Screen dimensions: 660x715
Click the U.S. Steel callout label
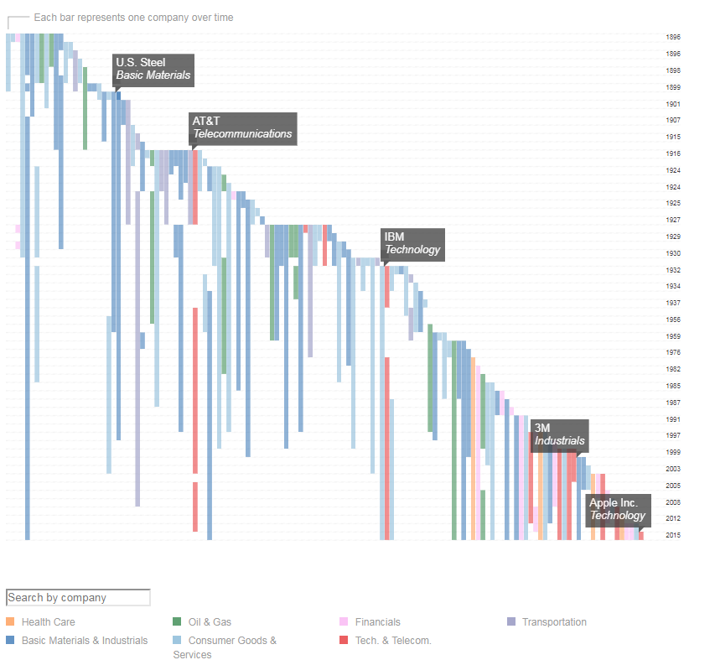point(153,69)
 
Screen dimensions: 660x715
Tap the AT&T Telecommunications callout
point(242,127)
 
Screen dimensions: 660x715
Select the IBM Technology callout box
point(412,243)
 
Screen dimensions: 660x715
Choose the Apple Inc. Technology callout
point(618,509)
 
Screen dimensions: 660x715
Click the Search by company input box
point(78,598)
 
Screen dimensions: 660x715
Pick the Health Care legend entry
point(48,622)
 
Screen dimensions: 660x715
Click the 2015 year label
point(673,535)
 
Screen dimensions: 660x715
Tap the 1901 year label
point(673,104)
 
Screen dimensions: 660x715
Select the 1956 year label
point(673,320)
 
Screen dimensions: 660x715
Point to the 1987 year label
point(673,403)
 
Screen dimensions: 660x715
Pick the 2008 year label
point(673,502)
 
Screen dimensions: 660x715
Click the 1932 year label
point(673,270)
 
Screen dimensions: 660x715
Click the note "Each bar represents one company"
point(133,18)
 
